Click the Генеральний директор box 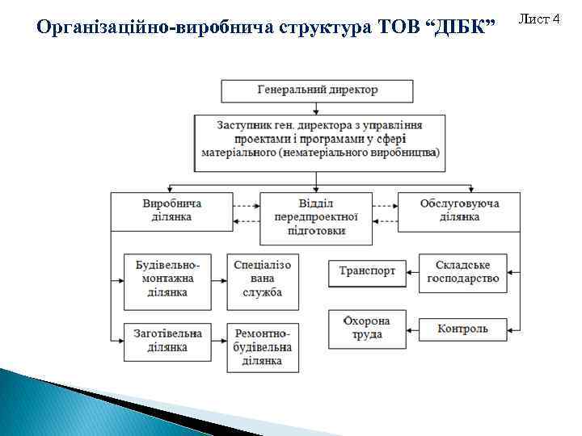(x=317, y=90)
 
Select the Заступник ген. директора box (x=319, y=138)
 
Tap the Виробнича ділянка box (x=171, y=210)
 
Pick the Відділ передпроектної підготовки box (x=316, y=218)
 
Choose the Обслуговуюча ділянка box (x=459, y=210)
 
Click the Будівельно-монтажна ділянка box (x=167, y=281)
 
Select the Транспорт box (x=367, y=272)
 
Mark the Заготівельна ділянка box (x=167, y=340)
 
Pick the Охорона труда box (x=367, y=328)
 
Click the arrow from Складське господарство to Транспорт (x=412, y=272)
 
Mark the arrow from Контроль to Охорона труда (x=412, y=329)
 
